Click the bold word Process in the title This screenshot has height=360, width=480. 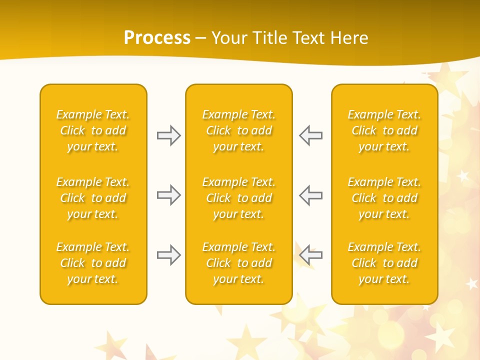click(x=157, y=38)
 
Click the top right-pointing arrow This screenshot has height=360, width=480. click(x=168, y=135)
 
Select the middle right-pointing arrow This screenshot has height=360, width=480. click(x=168, y=195)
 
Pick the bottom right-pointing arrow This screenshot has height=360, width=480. click(x=168, y=255)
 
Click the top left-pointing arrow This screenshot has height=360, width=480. click(x=310, y=135)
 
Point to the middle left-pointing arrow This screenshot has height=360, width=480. click(x=310, y=195)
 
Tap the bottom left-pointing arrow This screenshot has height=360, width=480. click(x=310, y=255)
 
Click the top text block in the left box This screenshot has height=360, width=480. click(x=93, y=130)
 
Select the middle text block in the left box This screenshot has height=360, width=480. click(x=93, y=198)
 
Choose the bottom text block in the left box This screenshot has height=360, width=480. click(x=93, y=263)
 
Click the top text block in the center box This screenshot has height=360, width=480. click(x=238, y=130)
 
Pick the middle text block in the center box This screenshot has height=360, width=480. click(x=238, y=198)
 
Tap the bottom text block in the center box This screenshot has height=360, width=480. click(x=238, y=263)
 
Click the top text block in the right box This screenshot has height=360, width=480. click(x=384, y=130)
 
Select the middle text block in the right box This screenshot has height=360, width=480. click(x=384, y=198)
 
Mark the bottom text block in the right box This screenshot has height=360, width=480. click(x=384, y=263)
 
